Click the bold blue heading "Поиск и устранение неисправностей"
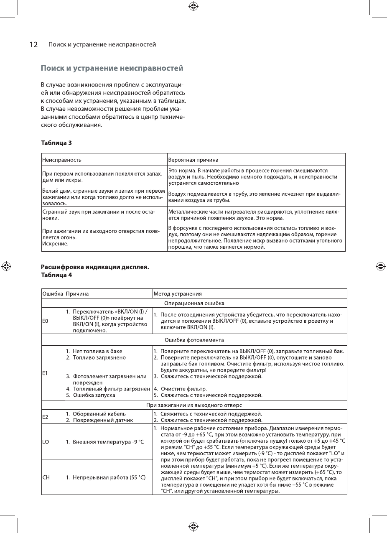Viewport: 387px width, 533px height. (112, 68)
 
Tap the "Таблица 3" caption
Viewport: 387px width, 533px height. (56, 143)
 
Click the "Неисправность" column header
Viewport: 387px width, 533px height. (62, 160)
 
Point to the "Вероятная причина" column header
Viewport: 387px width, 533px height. (193, 160)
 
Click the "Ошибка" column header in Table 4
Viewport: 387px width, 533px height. (52, 293)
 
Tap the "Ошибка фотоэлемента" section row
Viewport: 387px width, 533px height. (194, 340)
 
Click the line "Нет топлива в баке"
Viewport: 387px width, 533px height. (97, 351)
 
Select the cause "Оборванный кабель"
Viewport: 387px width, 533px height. (96, 414)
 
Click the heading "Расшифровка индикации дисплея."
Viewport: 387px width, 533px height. (94, 267)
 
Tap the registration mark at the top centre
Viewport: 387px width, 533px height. (193, 6)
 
